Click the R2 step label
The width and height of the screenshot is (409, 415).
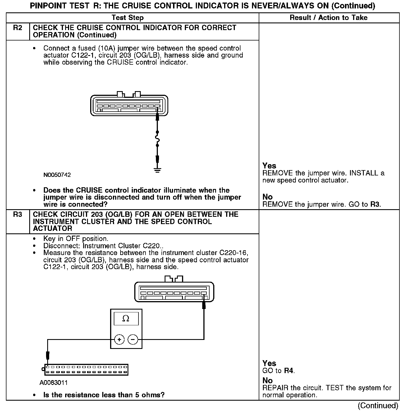(x=17, y=28)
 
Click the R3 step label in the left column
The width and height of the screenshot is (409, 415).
(x=17, y=215)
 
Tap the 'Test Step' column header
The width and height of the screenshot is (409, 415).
(x=128, y=18)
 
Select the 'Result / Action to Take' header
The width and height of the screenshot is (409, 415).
(x=328, y=18)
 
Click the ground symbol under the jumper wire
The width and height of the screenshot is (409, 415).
(x=157, y=170)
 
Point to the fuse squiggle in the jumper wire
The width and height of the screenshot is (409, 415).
(x=157, y=139)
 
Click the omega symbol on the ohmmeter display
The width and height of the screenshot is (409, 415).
(x=126, y=319)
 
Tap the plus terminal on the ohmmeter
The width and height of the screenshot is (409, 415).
(x=119, y=340)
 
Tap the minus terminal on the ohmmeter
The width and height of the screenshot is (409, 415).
(x=133, y=340)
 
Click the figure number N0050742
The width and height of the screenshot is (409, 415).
(x=57, y=175)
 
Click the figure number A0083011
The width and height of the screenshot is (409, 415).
(x=54, y=383)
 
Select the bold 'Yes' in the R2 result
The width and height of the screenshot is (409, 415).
(x=269, y=166)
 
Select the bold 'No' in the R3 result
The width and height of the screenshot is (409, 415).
(x=267, y=380)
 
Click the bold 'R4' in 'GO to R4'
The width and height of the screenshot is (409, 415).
(x=289, y=371)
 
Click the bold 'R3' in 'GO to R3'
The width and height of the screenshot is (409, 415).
(x=375, y=204)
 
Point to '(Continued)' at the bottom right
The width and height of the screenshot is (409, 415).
(x=378, y=405)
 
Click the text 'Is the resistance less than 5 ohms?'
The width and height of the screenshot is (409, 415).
(x=104, y=395)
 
